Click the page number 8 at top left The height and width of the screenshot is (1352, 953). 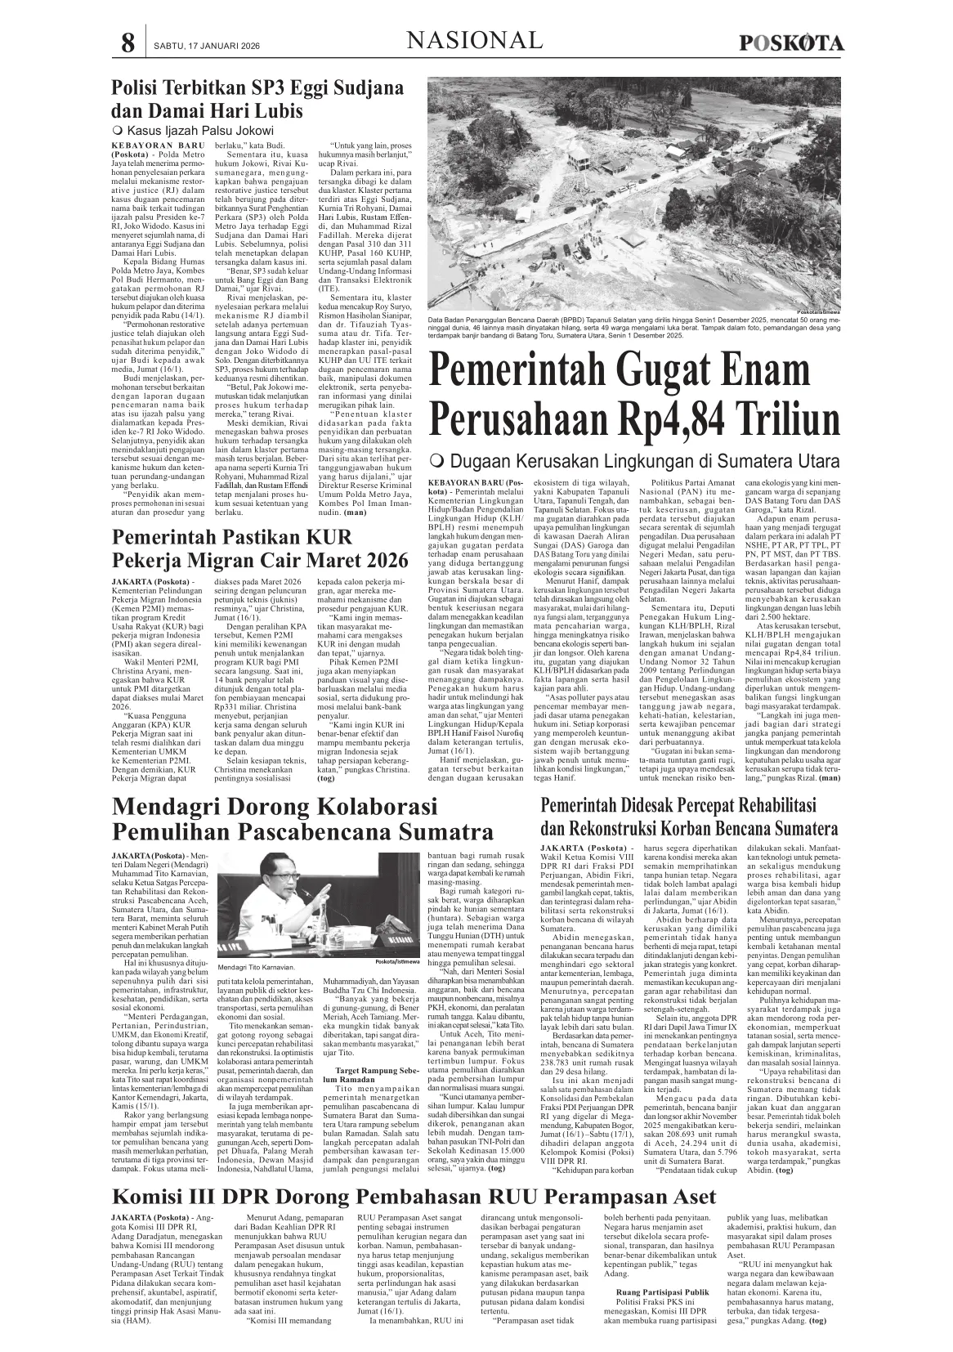point(127,43)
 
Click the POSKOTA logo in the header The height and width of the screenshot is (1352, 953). point(791,43)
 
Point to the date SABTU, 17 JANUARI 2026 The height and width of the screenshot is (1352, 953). point(195,45)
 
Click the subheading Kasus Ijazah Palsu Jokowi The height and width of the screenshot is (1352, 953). point(199,131)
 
